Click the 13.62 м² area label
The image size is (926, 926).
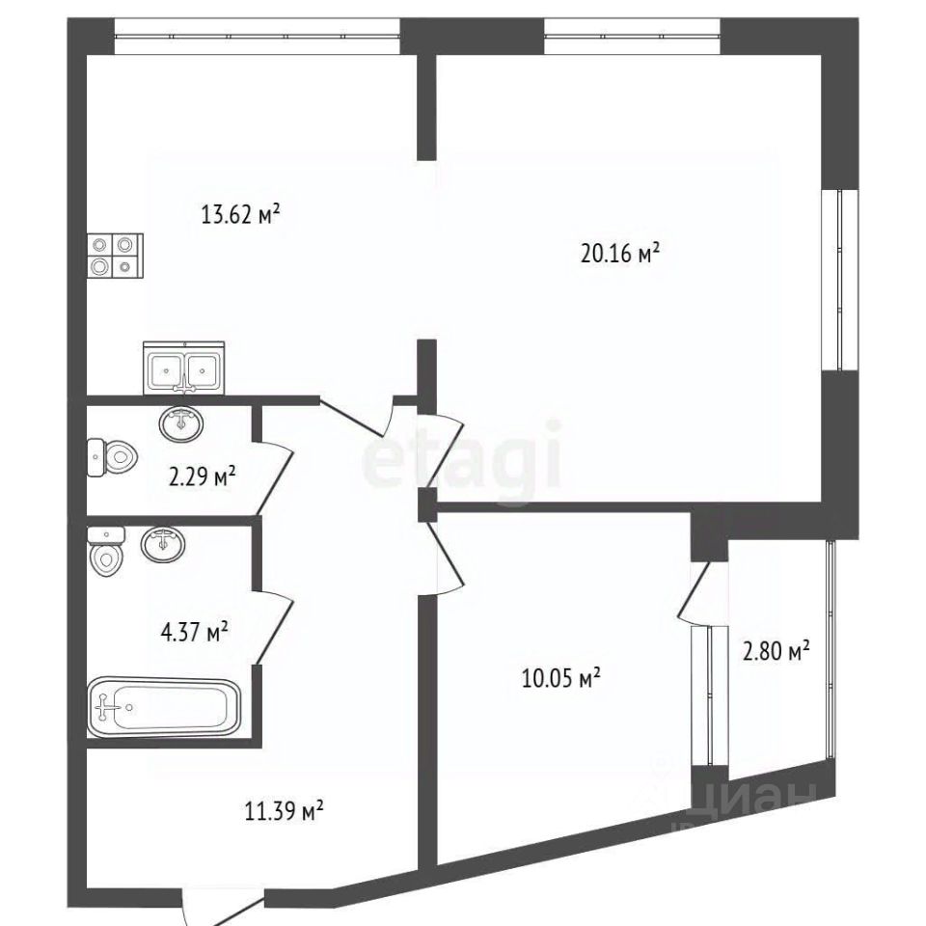240,214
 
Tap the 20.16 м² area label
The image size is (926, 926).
620,254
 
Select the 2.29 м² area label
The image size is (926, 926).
203,476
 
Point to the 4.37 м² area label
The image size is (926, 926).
194,633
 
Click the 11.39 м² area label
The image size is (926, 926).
284,811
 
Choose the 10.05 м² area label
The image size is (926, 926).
561,678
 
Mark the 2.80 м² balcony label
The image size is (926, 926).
776,651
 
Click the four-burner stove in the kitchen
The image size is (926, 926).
115,256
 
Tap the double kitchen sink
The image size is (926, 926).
183,368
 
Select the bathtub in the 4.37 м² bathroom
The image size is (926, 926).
164,708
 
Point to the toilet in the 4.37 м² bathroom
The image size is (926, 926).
106,551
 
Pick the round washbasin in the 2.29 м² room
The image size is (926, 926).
181,422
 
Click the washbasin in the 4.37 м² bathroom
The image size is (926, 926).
163,544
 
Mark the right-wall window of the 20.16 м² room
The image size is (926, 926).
840,280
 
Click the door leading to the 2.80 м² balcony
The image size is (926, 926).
694,590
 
